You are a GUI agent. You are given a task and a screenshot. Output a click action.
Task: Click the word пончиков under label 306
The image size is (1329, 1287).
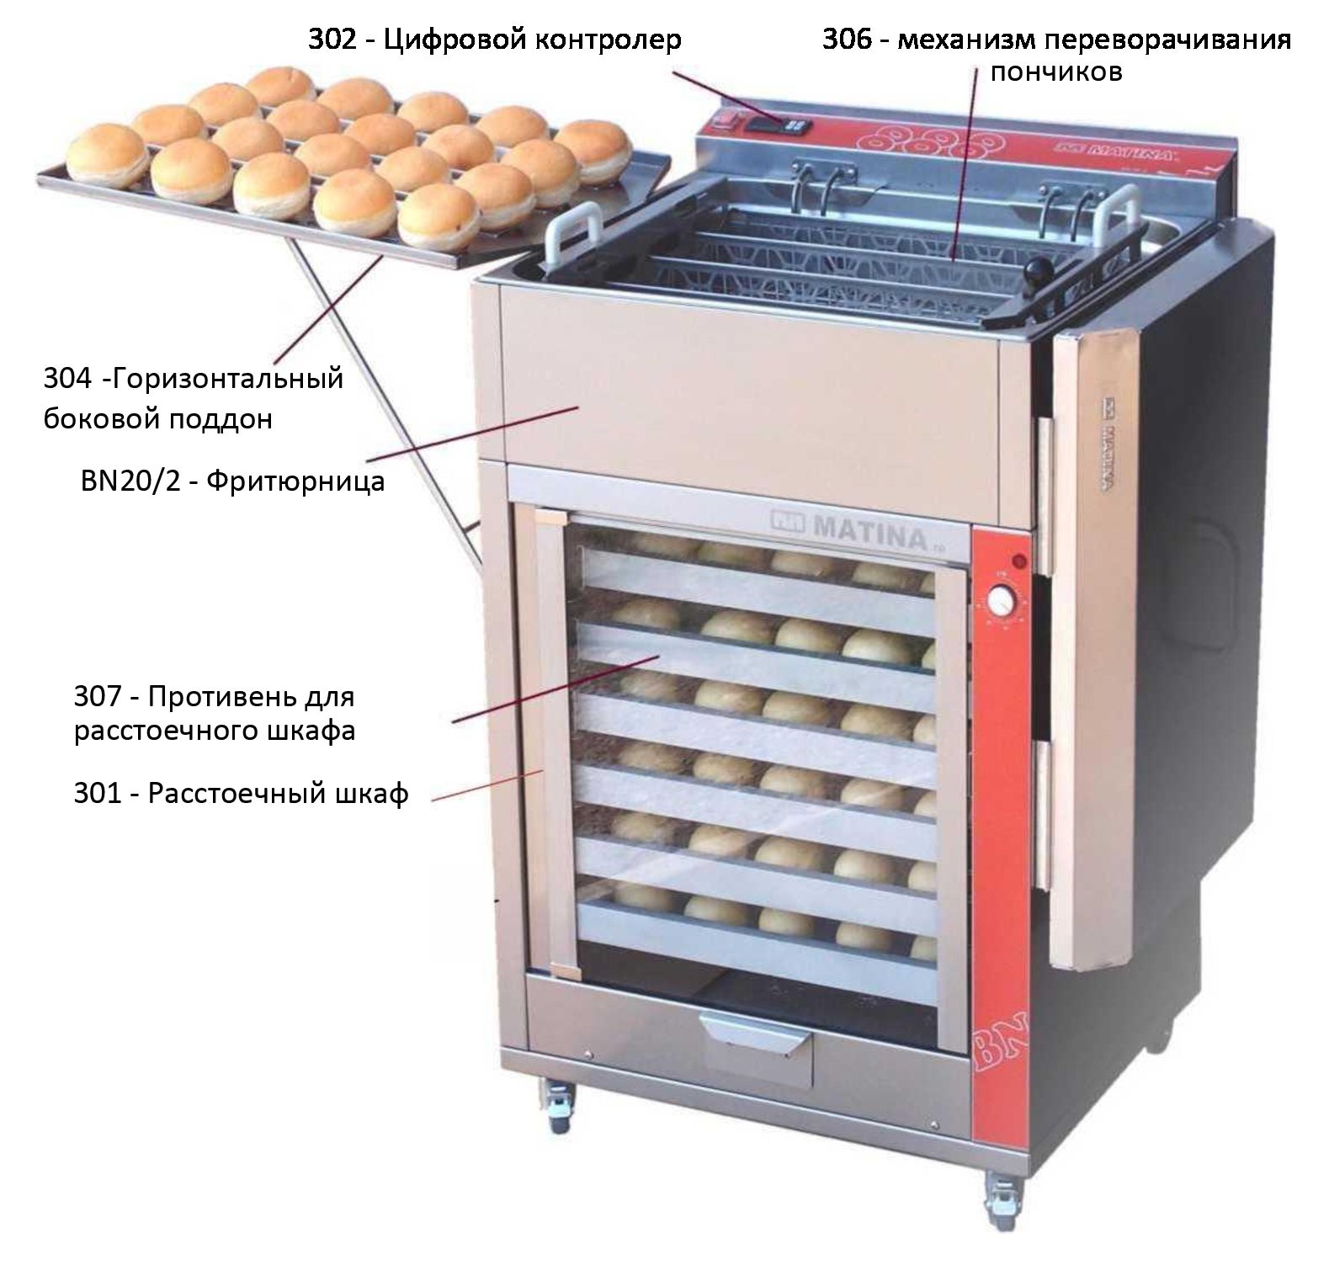[1055, 72]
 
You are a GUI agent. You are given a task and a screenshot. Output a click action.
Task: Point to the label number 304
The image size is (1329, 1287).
[67, 380]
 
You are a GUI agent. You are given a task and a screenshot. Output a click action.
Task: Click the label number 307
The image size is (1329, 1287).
[99, 697]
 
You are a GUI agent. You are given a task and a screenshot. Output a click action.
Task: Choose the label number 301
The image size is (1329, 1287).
[99, 794]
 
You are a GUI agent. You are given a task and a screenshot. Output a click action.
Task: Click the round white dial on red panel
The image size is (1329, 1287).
[1001, 604]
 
